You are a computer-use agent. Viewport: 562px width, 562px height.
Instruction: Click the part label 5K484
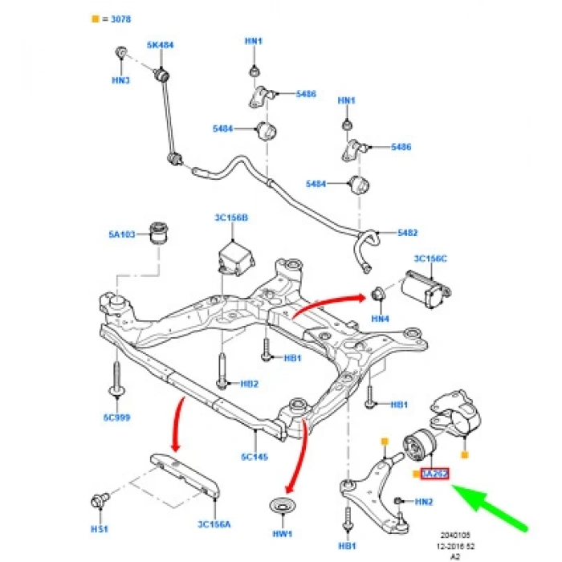point(160,46)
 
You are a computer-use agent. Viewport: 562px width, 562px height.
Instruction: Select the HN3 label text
point(121,80)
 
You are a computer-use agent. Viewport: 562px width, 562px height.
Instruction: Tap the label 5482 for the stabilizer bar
point(408,233)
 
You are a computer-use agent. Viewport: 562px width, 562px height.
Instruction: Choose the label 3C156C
point(430,259)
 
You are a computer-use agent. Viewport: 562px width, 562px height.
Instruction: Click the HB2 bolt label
point(249,384)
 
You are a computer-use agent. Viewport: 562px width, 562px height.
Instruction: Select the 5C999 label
point(118,417)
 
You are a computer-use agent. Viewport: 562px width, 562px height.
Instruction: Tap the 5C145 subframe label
point(254,456)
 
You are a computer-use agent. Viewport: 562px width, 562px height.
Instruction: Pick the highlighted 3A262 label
point(434,474)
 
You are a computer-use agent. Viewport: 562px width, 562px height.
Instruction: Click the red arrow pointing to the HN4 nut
point(325,305)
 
